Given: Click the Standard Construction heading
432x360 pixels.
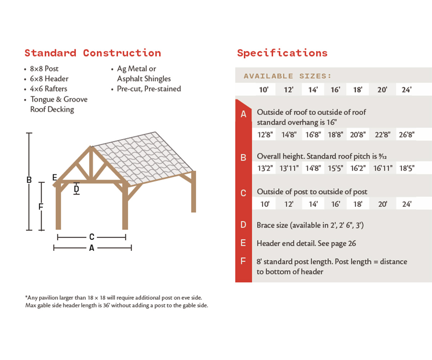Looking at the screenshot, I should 93,53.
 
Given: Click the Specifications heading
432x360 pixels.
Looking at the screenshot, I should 282,53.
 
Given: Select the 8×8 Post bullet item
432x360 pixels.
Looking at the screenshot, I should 44,68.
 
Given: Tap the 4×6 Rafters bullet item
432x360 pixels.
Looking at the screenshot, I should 48,89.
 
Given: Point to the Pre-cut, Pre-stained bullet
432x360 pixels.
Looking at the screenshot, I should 149,89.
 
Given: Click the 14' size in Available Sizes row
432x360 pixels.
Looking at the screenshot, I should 313,90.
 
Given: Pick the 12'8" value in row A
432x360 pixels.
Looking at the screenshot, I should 266,135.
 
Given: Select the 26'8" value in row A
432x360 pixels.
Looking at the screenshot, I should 407,135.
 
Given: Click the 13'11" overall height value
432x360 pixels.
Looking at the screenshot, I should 289,168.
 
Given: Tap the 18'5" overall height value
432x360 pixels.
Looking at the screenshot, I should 407,168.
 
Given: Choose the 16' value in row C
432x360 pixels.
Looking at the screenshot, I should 336,204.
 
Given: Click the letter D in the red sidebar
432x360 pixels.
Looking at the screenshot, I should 243,225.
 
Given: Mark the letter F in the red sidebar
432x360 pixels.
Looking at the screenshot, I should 243,261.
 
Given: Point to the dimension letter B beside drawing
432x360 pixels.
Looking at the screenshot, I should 29,180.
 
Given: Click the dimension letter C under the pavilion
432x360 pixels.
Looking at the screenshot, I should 92,237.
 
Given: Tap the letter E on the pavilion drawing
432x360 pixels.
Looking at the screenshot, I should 54,177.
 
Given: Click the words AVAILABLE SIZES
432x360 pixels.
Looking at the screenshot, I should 287,76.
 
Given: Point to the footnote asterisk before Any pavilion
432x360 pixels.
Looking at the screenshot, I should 26,298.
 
